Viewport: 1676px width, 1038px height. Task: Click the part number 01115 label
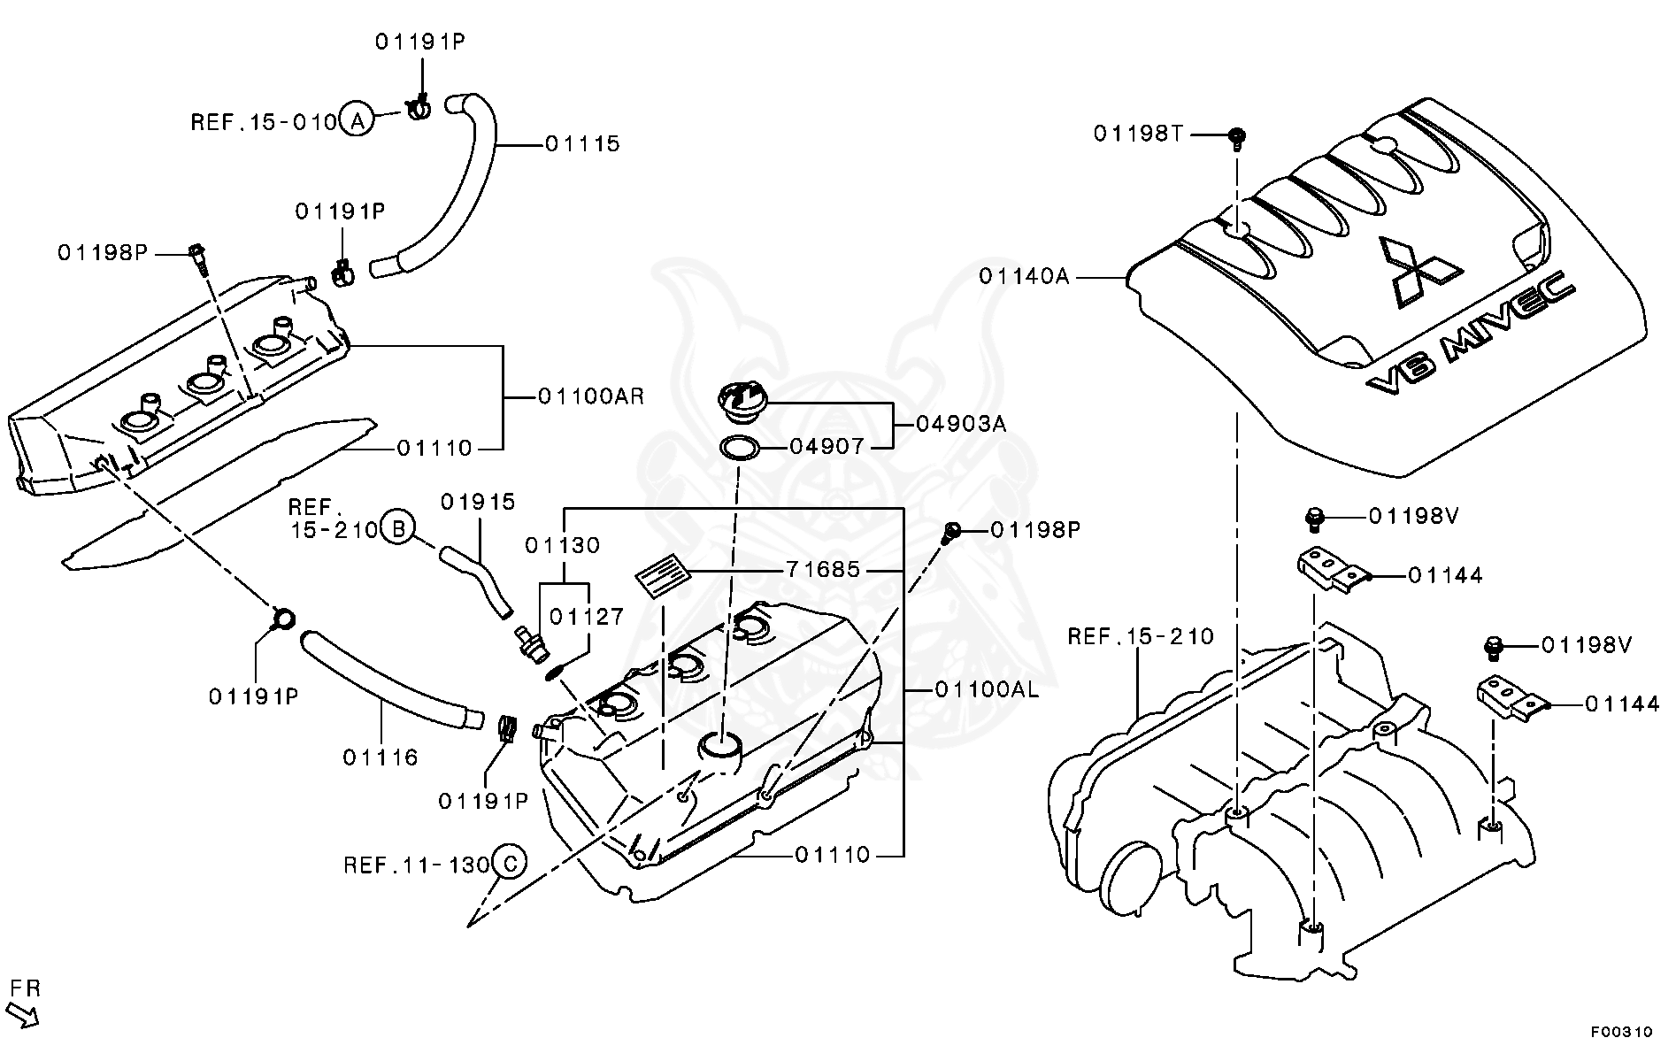pyautogui.click(x=581, y=143)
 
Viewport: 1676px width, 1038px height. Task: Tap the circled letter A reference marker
pyautogui.click(x=357, y=119)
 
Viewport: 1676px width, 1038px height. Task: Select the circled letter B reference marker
pyautogui.click(x=398, y=530)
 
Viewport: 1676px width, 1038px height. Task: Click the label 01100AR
pyautogui.click(x=591, y=396)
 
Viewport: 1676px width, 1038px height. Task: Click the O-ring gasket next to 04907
pyautogui.click(x=739, y=448)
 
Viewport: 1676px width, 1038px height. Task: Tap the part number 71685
pyautogui.click(x=822, y=570)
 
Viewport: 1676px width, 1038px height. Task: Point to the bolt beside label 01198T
pyautogui.click(x=1237, y=137)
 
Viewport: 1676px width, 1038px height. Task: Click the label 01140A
pyautogui.click(x=1024, y=277)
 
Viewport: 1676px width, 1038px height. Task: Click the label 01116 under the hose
pyautogui.click(x=381, y=757)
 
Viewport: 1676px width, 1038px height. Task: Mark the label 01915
pyautogui.click(x=478, y=503)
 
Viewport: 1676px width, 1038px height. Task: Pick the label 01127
pyautogui.click(x=587, y=617)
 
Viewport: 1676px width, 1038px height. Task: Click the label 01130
pyautogui.click(x=562, y=545)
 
